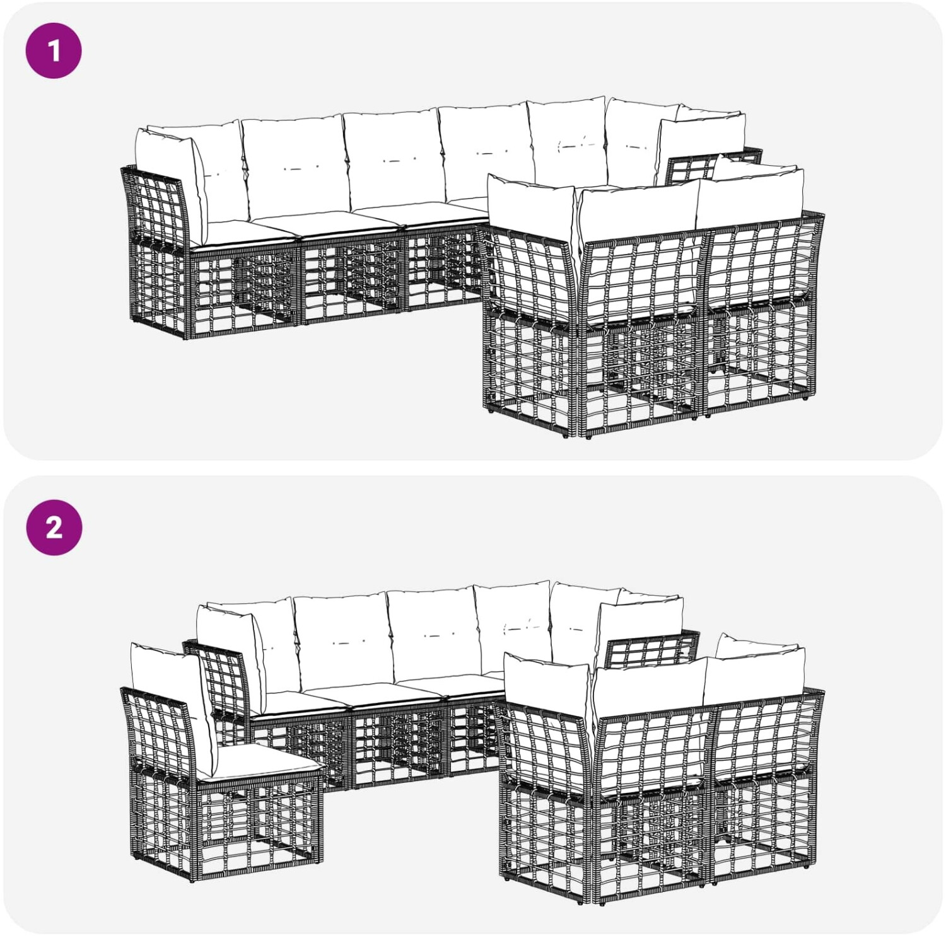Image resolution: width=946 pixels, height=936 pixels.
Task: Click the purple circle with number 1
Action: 54,50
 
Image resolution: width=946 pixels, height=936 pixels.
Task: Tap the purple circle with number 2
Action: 54,528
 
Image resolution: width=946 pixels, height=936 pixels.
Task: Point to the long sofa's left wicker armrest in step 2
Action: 218,681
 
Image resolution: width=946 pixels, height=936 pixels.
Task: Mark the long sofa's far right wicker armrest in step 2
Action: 650,649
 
